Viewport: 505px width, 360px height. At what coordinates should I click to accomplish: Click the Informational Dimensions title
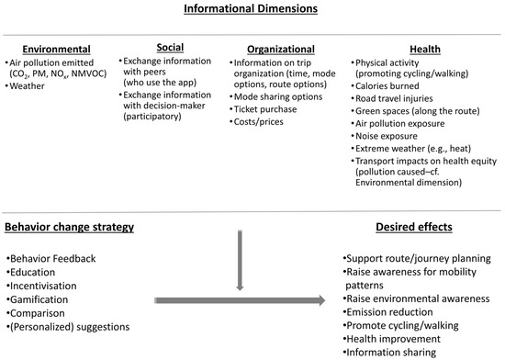tap(251, 8)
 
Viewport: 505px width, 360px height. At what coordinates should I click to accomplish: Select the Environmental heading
tap(56, 49)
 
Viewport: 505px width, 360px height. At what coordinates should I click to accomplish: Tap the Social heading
tap(170, 48)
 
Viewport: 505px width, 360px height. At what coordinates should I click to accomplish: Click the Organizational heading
tap(281, 49)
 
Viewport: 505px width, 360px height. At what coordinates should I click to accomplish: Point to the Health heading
tap(425, 49)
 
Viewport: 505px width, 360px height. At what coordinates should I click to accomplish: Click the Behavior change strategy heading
tap(69, 227)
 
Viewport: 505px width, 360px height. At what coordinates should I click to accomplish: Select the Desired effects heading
tap(414, 227)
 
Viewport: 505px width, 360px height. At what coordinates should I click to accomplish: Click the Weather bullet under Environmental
tap(25, 86)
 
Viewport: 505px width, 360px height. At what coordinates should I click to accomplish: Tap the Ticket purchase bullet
tap(264, 109)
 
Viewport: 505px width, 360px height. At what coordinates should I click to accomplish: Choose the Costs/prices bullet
tap(256, 122)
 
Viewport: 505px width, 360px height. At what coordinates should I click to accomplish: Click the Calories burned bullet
tap(385, 86)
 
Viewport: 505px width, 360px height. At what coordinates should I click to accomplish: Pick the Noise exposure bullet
tap(384, 136)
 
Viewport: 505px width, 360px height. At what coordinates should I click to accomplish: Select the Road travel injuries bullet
tap(392, 98)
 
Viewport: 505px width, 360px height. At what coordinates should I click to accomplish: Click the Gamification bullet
tap(38, 299)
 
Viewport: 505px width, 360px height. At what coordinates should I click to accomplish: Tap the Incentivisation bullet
tap(41, 286)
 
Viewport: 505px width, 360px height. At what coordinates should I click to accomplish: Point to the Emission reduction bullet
tap(387, 312)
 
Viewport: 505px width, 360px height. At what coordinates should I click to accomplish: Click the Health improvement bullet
tap(392, 339)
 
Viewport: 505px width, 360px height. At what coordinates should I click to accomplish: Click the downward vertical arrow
tap(240, 260)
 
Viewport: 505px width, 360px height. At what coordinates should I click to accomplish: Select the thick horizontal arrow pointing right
tap(240, 300)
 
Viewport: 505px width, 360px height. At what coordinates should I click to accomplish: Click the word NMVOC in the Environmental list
tap(88, 73)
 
